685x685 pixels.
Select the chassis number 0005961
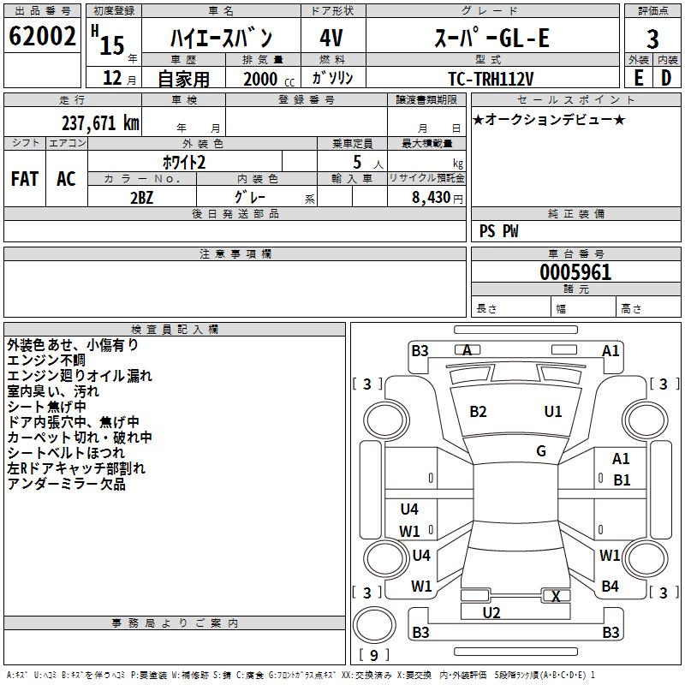tap(575, 272)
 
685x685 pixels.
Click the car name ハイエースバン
tap(221, 38)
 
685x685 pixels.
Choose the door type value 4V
tap(331, 38)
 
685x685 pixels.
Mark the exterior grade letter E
tap(638, 78)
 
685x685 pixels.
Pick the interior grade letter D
tap(666, 78)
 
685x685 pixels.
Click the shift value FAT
tap(25, 179)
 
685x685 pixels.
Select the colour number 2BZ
tap(142, 196)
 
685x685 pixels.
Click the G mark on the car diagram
tap(541, 451)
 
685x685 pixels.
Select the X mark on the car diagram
tap(557, 597)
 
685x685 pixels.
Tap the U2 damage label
tap(491, 613)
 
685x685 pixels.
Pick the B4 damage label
tap(611, 587)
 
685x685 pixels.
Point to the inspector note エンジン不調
tap(51, 360)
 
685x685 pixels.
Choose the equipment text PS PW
tap(499, 231)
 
